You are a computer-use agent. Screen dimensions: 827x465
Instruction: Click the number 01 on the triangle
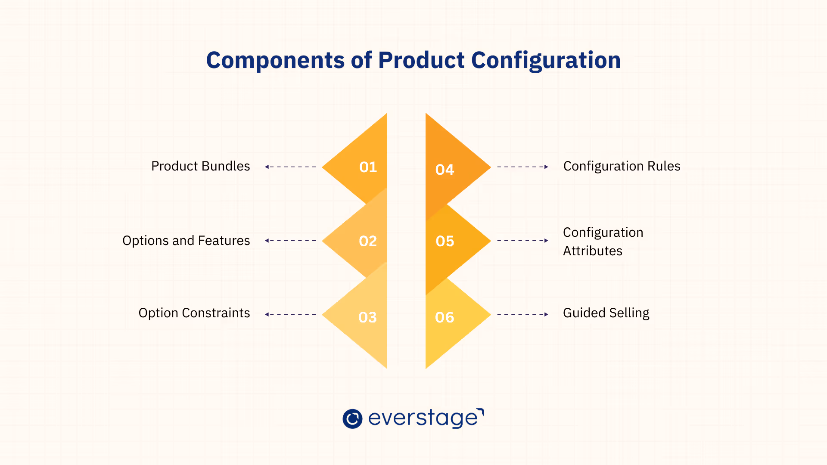pyautogui.click(x=368, y=167)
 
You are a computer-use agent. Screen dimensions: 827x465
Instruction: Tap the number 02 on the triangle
pyautogui.click(x=368, y=241)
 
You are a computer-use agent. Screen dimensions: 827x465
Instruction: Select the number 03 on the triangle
pyautogui.click(x=367, y=317)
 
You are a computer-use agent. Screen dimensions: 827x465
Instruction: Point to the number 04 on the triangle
pyautogui.click(x=445, y=170)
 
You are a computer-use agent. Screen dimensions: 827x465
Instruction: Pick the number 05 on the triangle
pyautogui.click(x=445, y=241)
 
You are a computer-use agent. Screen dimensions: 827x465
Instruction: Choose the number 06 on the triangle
pyautogui.click(x=445, y=317)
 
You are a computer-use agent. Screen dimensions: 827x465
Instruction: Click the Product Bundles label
pyautogui.click(x=200, y=166)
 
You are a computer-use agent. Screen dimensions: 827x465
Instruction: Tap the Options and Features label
pyautogui.click(x=186, y=241)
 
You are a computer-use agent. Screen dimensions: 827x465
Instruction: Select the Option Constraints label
pyautogui.click(x=194, y=313)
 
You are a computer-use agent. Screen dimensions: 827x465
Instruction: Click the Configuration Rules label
pyautogui.click(x=622, y=166)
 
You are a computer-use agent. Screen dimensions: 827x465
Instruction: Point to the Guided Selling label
pyautogui.click(x=606, y=313)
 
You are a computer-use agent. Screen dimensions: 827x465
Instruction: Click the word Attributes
pyautogui.click(x=593, y=251)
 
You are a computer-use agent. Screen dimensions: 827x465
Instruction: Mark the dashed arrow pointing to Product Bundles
pyautogui.click(x=291, y=167)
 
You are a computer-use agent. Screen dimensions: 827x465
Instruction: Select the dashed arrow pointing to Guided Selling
pyautogui.click(x=522, y=314)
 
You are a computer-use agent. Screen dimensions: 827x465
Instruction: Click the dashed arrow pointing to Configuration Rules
pyautogui.click(x=522, y=167)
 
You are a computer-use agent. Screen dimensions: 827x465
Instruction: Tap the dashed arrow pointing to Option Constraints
pyautogui.click(x=291, y=314)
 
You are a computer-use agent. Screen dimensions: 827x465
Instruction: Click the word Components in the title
pyautogui.click(x=275, y=60)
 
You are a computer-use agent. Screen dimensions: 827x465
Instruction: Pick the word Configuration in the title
pyautogui.click(x=546, y=60)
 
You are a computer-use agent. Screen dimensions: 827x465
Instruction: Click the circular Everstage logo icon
pyautogui.click(x=352, y=418)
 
